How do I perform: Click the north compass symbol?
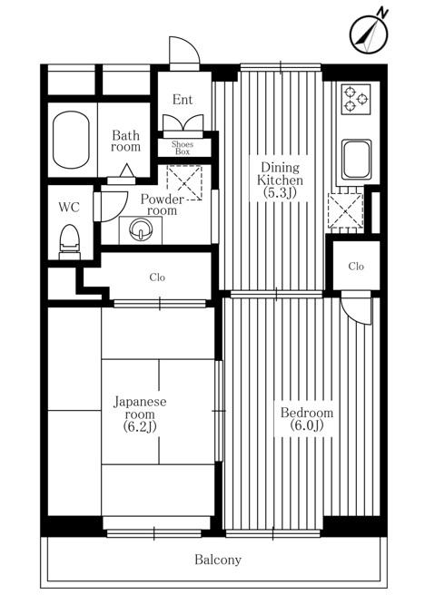click(369, 34)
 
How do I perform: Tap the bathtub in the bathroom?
click(71, 140)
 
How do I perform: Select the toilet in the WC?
click(70, 242)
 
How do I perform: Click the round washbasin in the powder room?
click(141, 230)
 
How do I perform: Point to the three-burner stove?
click(356, 99)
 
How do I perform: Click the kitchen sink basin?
click(357, 160)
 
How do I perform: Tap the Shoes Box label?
click(183, 148)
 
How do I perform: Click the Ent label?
click(183, 100)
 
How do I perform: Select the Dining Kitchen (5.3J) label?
click(280, 180)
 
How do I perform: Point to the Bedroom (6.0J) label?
click(307, 419)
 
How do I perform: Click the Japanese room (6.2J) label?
click(140, 414)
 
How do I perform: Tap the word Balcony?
click(218, 560)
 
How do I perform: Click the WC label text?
click(69, 208)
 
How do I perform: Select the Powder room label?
click(162, 205)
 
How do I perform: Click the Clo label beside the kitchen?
click(356, 266)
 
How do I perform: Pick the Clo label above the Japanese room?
click(157, 278)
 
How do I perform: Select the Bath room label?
click(125, 141)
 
